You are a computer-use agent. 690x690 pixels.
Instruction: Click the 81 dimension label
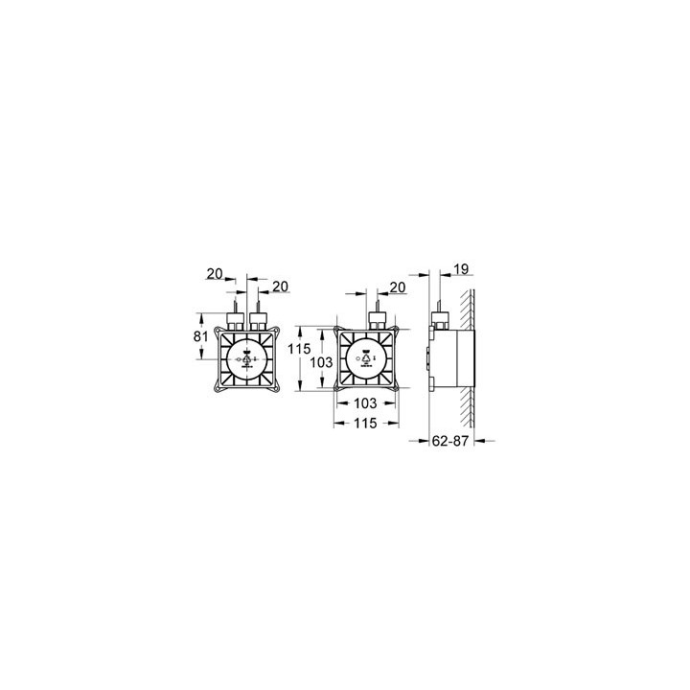click(x=200, y=336)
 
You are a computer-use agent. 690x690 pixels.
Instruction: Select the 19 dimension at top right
click(x=461, y=269)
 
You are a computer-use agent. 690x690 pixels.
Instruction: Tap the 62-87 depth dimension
click(x=449, y=441)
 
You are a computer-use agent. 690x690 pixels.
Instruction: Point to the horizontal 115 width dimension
click(x=366, y=424)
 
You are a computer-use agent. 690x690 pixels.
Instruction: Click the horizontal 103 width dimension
click(x=366, y=402)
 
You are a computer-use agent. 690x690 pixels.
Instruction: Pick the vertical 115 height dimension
click(x=299, y=349)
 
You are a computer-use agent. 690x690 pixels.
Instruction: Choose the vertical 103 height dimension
click(x=321, y=362)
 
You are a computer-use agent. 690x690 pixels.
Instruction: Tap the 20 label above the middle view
click(x=398, y=287)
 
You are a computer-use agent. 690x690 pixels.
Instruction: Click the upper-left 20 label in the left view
click(x=215, y=274)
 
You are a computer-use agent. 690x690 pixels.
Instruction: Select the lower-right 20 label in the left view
click(x=280, y=287)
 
